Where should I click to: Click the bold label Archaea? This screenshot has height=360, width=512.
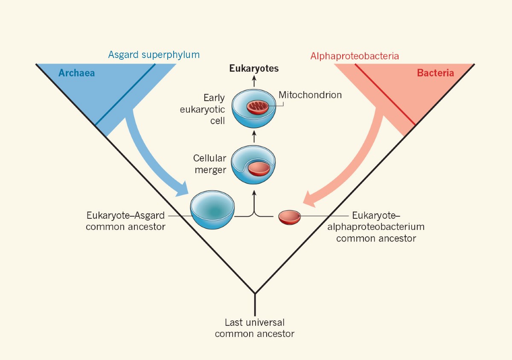(x=76, y=73)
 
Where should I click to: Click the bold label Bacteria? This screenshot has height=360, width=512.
(x=435, y=73)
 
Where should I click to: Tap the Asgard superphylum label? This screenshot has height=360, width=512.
(x=154, y=55)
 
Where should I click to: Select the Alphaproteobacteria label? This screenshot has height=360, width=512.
(x=355, y=56)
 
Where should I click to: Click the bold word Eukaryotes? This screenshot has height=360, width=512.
(x=254, y=68)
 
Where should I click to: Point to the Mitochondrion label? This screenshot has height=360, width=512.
(x=310, y=95)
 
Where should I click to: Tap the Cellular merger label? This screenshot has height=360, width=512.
(x=209, y=164)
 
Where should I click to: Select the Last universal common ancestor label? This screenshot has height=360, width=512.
(x=255, y=328)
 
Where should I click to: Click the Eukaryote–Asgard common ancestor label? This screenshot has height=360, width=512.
(x=125, y=221)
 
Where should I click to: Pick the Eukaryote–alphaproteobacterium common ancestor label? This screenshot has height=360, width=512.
(x=376, y=226)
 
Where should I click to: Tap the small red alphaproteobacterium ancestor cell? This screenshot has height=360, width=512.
(x=290, y=217)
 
